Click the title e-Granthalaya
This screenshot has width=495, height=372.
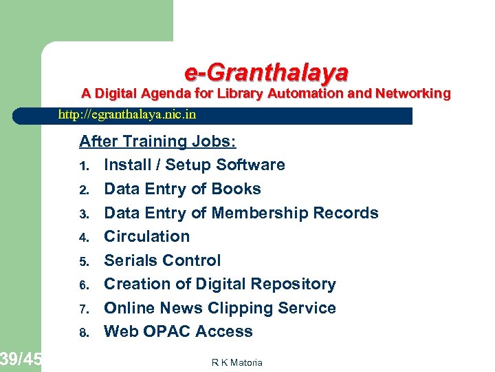pos(266,72)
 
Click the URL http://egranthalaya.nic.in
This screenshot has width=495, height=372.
pos(127,114)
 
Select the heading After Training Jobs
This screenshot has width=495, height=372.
pos(157,141)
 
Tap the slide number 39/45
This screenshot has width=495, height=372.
pos(21,358)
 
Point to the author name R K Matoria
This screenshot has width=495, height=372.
pos(236,362)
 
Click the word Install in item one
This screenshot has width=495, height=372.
pos(126,165)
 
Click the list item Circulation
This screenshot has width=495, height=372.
pos(146,236)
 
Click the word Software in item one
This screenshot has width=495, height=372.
pos(250,165)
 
